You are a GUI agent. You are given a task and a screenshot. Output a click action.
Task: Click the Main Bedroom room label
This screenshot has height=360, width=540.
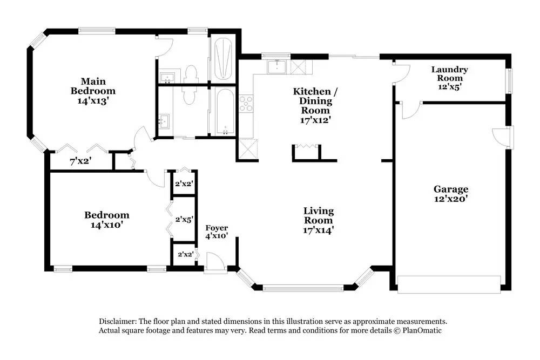(93, 86)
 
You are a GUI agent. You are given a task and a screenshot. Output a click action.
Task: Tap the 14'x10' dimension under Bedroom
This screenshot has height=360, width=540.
(106, 225)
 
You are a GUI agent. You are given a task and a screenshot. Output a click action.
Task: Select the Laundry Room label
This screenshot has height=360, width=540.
(449, 74)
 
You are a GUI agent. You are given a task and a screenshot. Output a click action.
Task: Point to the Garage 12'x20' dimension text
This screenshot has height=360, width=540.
(450, 199)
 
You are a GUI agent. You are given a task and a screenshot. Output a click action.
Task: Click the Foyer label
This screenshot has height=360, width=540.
(217, 228)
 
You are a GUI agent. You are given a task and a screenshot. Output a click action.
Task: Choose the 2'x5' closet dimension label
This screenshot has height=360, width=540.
(184, 220)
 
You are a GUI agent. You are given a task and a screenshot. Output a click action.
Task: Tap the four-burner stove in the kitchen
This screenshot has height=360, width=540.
(246, 103)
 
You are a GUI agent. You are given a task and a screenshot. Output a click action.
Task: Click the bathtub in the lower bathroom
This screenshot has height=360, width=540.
(222, 112)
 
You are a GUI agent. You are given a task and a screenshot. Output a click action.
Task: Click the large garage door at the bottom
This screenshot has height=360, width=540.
(449, 284)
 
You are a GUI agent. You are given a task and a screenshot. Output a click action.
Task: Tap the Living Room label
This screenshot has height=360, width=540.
(318, 215)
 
